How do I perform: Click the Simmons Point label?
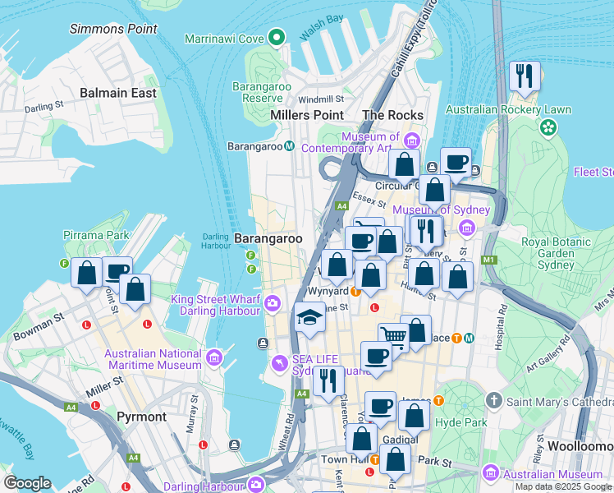point(113,29)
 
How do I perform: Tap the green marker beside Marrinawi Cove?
point(277,38)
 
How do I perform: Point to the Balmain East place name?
point(118,93)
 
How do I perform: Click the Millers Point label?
point(307,115)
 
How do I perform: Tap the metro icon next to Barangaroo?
point(289,146)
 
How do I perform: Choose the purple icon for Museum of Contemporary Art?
point(410,138)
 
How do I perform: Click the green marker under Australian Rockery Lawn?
point(548,127)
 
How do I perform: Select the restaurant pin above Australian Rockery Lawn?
point(523,76)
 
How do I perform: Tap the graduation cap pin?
point(309,317)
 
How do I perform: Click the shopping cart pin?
point(393,336)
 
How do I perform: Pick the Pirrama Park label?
point(96,235)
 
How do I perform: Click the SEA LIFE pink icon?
point(281,362)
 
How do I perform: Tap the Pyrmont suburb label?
point(141,417)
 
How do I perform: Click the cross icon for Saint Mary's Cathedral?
point(493,401)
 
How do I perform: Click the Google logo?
point(28,483)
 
